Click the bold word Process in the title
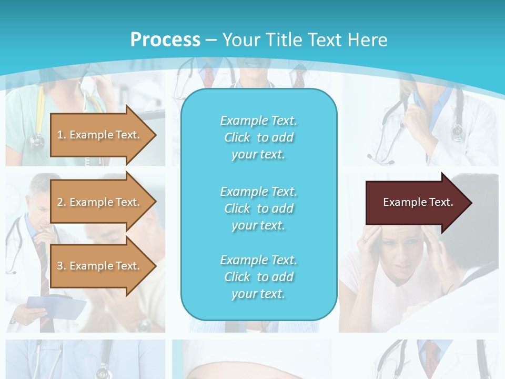[165, 40]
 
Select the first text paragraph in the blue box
[258, 137]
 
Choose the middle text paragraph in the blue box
[258, 208]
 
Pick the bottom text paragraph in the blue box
[258, 277]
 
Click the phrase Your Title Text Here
[305, 40]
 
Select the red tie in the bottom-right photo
[431, 353]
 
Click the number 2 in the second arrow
[60, 202]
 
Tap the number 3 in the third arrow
[60, 266]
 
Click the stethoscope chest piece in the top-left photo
[37, 140]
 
